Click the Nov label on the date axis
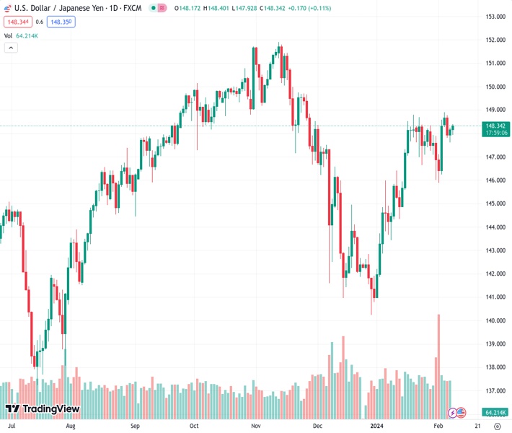point(256,426)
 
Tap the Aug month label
point(70,426)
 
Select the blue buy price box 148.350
point(61,22)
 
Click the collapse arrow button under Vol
point(11,48)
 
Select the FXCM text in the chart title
point(131,7)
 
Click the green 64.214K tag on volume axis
point(494,412)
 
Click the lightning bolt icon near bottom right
point(453,412)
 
